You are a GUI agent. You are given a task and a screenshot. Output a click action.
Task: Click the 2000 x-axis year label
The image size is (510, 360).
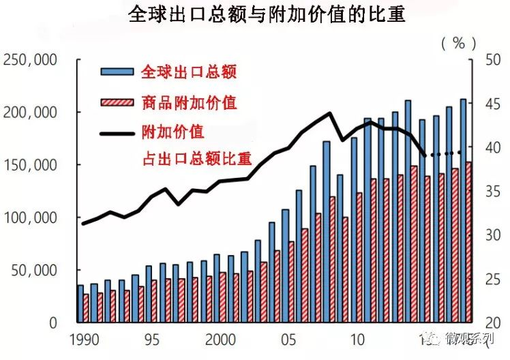pos(220,340)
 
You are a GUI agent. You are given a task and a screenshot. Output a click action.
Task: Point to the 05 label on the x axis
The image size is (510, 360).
pos(288,340)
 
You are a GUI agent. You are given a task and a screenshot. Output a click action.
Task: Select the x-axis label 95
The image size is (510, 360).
pos(152,340)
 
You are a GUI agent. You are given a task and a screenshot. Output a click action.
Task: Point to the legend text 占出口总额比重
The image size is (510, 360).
pos(197,160)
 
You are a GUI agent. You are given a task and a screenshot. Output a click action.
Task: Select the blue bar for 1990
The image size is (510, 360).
pos(80,303)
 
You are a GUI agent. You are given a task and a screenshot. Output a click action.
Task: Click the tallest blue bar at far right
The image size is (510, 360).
pos(464,210)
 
